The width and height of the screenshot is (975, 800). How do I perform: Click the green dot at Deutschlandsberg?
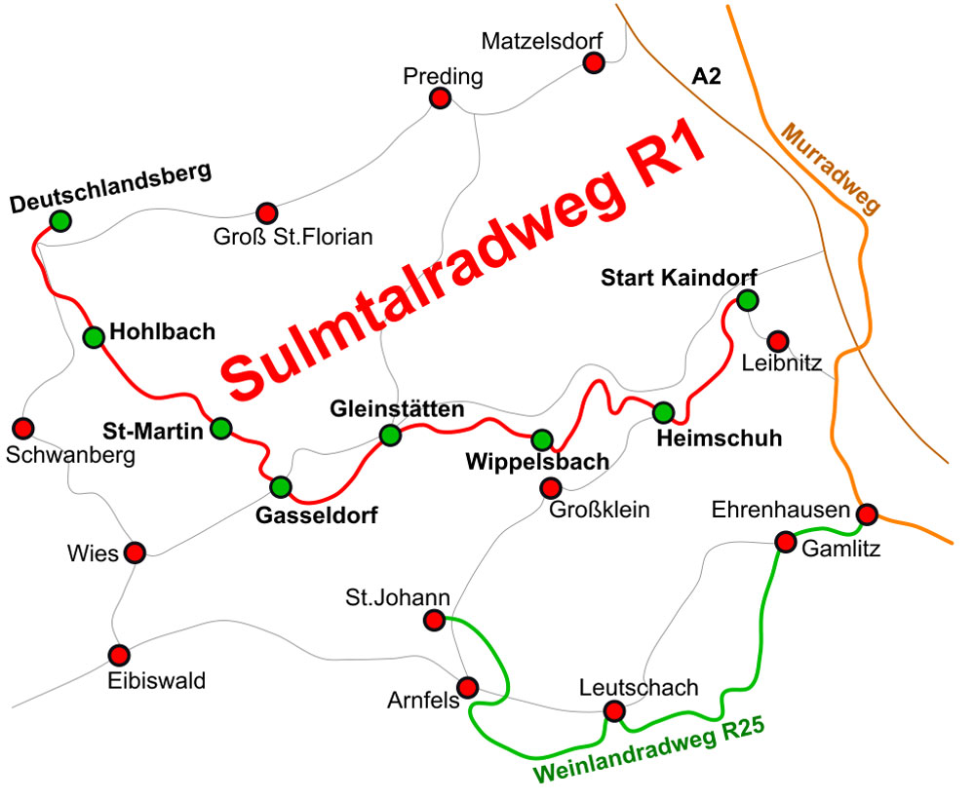point(60,221)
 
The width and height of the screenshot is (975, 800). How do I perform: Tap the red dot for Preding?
point(441,98)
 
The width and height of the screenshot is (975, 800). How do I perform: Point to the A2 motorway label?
point(706,77)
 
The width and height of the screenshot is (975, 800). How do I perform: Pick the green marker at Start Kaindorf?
point(747,299)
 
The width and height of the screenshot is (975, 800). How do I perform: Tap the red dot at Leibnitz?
point(777,340)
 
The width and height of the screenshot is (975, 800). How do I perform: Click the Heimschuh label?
point(720,438)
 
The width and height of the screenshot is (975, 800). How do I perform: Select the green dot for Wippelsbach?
point(542,438)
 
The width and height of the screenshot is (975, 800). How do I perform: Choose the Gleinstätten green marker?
point(390,435)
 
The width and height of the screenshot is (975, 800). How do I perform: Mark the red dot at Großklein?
point(550,487)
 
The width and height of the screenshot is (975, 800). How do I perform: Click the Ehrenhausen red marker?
point(866,513)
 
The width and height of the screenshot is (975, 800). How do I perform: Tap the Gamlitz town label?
point(840,550)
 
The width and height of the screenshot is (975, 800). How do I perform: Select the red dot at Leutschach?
point(614,711)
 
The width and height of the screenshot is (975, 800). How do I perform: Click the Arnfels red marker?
point(468,686)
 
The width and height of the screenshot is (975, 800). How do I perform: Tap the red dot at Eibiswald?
point(119,654)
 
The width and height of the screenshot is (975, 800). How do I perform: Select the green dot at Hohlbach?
point(94,337)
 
